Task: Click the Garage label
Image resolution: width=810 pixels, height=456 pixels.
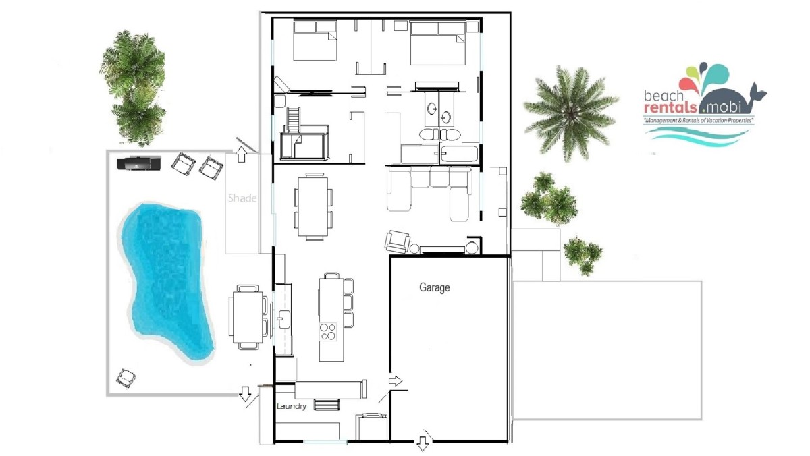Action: tap(434, 287)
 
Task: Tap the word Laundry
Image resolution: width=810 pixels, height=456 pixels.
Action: tap(292, 406)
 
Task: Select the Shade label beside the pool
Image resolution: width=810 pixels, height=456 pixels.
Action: tap(242, 198)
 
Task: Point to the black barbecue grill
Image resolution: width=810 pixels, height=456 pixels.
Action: tap(139, 163)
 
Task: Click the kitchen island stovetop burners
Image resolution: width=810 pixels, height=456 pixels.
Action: tap(328, 332)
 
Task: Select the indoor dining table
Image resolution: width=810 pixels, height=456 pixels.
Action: tap(313, 206)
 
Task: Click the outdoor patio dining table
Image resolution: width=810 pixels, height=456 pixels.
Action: tap(248, 318)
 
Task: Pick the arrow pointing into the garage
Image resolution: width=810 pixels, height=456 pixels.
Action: tap(396, 381)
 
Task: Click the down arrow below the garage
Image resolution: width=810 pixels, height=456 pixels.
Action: tap(423, 444)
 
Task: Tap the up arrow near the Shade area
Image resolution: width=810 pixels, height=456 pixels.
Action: tap(241, 154)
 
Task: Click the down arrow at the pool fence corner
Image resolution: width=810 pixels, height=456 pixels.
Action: tap(245, 394)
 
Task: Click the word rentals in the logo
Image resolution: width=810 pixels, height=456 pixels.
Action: tap(670, 107)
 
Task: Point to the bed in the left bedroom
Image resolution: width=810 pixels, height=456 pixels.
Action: tap(315, 40)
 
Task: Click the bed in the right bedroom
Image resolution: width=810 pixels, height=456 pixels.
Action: tap(437, 43)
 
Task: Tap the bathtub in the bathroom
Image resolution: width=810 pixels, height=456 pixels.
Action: tap(458, 154)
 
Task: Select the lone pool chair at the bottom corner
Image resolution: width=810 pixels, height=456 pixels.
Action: tap(126, 378)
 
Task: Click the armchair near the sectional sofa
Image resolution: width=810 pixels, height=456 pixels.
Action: tap(398, 241)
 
